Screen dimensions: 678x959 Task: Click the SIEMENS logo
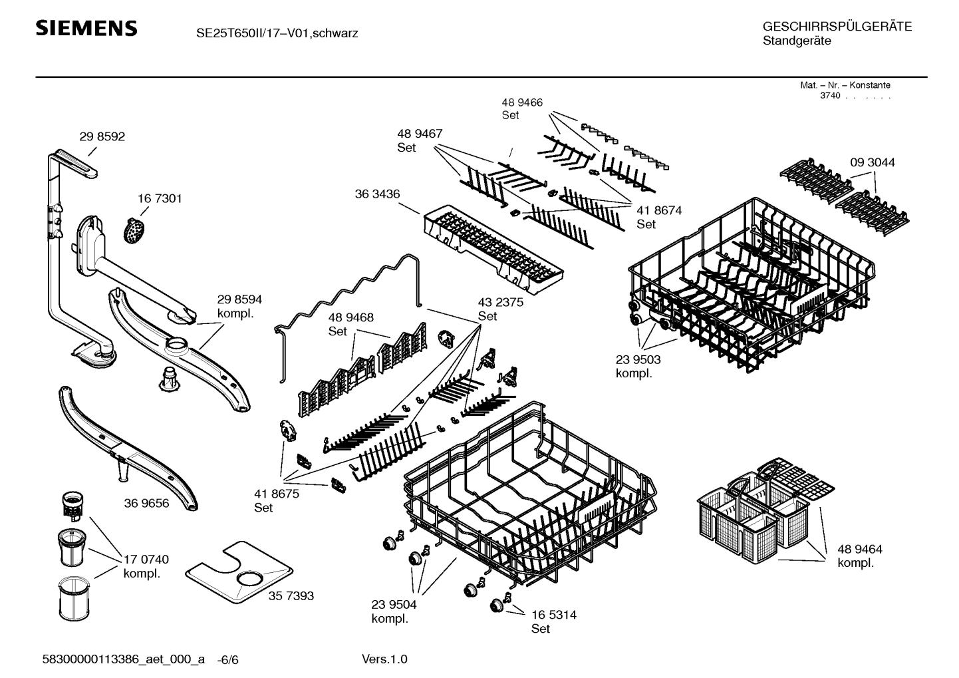[x=86, y=29]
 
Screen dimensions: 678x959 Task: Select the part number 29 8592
[x=102, y=136]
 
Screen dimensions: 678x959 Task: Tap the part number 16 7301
[x=160, y=198]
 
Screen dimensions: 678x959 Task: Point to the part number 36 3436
[x=377, y=194]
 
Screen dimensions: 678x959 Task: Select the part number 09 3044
[x=872, y=162]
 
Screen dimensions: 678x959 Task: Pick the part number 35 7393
[x=291, y=596]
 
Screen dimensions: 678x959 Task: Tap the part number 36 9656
[x=146, y=503]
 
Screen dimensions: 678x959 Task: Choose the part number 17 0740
[x=146, y=560]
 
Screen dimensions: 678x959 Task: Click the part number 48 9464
[x=860, y=550]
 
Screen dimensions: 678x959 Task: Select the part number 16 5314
[x=553, y=615]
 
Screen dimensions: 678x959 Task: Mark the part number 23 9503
[x=638, y=359]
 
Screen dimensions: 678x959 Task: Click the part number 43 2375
[x=500, y=302]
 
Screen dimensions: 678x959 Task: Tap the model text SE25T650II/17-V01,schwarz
[x=277, y=33]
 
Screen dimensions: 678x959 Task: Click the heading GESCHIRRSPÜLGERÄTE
[x=837, y=27]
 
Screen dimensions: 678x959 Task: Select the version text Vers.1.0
[x=384, y=659]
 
